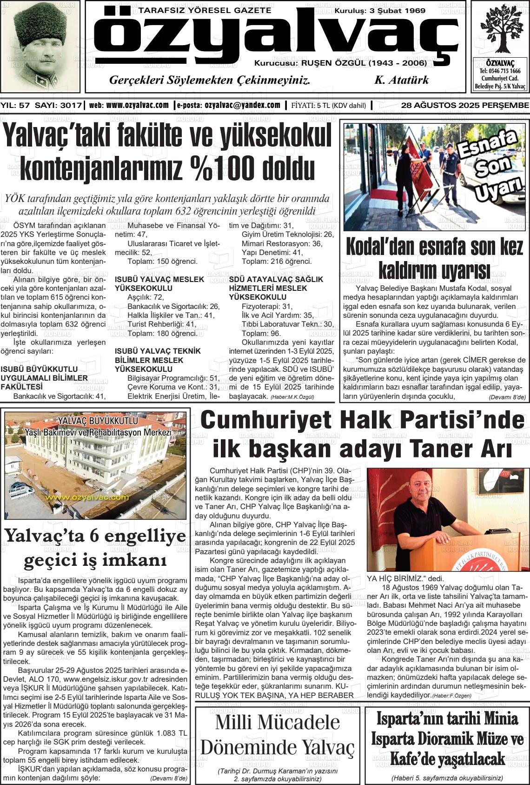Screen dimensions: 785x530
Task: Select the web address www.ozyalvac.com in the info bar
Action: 137,106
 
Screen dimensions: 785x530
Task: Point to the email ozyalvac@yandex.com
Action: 242,106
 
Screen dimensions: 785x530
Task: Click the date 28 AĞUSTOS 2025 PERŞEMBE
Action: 464,106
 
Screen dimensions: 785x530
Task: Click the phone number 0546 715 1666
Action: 500,71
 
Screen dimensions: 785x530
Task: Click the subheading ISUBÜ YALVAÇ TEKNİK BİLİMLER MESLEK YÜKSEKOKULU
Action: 158,360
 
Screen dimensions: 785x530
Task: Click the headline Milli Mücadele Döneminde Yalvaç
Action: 277,735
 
